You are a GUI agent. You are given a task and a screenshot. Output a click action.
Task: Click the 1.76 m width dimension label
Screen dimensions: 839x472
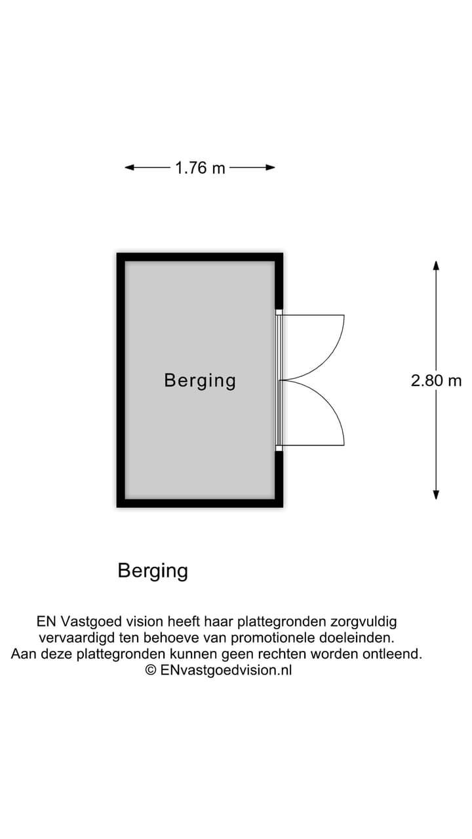coord(200,168)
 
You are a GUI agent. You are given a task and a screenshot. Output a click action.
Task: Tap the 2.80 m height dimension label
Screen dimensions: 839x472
coord(436,380)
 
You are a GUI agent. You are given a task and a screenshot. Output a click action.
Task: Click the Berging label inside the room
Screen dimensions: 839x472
coord(200,380)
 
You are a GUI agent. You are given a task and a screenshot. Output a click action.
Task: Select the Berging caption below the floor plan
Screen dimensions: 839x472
coord(153,571)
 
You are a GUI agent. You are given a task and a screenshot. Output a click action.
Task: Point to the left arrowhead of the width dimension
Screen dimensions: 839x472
coord(129,168)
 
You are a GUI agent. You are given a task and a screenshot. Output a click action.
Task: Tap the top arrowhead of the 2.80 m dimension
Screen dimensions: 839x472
coord(436,265)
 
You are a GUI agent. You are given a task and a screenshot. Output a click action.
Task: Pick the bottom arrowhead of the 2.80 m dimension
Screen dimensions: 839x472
coord(436,495)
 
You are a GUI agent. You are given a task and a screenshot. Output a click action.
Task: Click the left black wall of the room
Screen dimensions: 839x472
coord(121,380)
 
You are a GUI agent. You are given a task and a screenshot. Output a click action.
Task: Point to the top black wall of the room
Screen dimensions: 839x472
coord(200,257)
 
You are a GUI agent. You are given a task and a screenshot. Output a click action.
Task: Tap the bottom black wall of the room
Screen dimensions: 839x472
coord(200,503)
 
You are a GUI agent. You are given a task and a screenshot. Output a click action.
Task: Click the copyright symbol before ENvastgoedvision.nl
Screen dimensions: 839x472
coord(151,670)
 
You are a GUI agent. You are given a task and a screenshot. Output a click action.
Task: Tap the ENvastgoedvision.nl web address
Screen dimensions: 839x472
coord(226,670)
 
